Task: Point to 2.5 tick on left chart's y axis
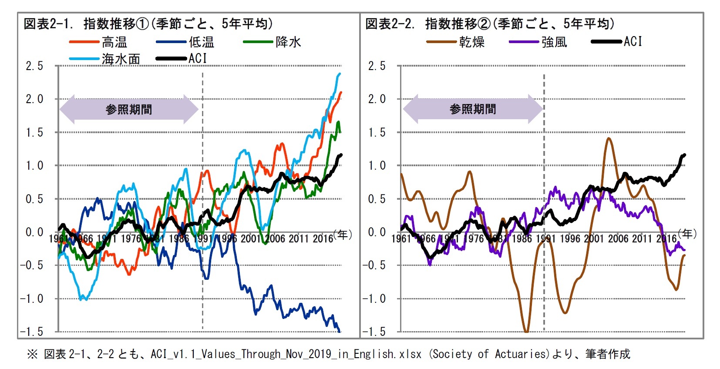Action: click(34, 66)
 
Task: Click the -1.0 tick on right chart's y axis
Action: click(374, 299)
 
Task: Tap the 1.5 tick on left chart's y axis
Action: click(34, 133)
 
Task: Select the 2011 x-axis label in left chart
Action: click(299, 238)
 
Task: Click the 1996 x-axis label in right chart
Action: click(570, 238)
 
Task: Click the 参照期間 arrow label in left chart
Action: click(129, 110)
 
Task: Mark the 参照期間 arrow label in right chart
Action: click(473, 109)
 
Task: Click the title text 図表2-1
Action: click(49, 23)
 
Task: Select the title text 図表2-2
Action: click(390, 23)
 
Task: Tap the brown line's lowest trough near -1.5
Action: click(526, 332)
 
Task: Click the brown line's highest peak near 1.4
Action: click(608, 138)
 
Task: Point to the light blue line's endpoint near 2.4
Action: click(340, 74)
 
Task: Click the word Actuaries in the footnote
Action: click(520, 354)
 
